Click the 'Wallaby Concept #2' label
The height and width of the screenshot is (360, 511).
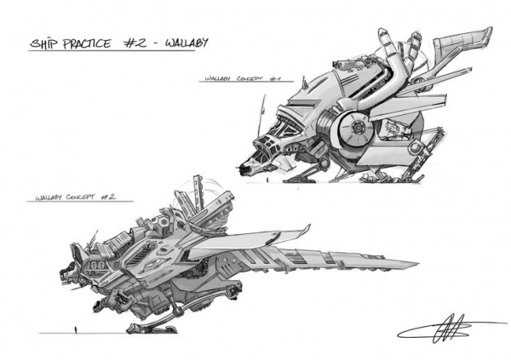(76, 198)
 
